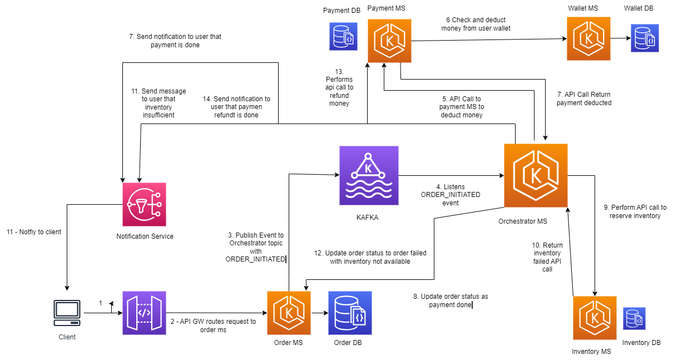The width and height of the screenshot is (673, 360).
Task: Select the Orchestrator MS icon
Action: [x=536, y=175]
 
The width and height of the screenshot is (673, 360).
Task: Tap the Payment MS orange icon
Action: [x=389, y=41]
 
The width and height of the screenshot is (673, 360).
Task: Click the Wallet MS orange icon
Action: [x=588, y=38]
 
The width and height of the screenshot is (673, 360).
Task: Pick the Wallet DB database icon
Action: [x=645, y=38]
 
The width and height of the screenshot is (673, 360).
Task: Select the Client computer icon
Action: [x=67, y=313]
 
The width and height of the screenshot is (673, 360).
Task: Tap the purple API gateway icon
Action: [x=144, y=313]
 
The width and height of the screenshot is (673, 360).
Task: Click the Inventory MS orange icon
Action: [x=595, y=318]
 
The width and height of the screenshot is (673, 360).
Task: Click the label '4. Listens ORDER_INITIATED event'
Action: [x=451, y=195]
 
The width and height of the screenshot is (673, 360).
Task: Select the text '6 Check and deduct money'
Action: [x=476, y=24]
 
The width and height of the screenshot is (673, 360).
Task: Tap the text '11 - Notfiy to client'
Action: [x=34, y=231]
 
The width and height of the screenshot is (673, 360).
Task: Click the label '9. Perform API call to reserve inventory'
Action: [x=635, y=211]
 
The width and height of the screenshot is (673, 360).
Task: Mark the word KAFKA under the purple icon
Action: [x=367, y=218]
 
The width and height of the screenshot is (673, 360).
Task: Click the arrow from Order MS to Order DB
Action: [x=319, y=313]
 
